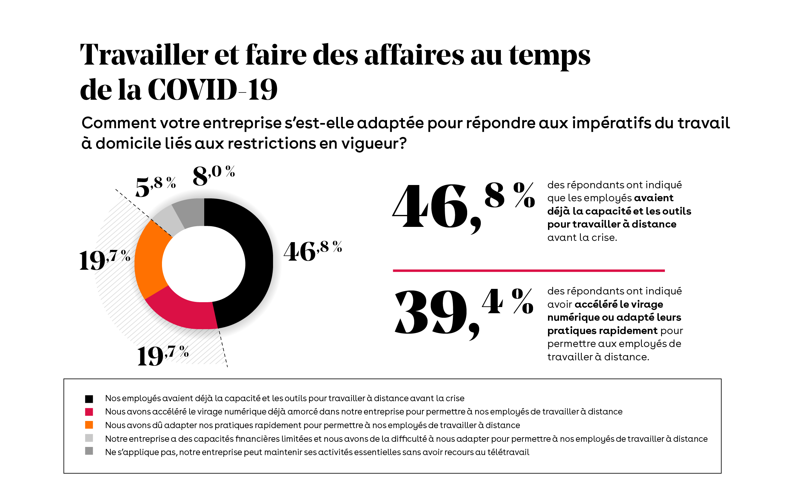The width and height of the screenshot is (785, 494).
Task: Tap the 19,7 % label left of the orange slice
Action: click(x=105, y=259)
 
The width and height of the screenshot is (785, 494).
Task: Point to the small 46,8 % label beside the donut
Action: click(x=313, y=251)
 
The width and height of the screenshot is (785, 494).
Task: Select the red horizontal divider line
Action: click(x=528, y=270)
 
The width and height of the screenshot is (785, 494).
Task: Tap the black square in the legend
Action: click(x=89, y=399)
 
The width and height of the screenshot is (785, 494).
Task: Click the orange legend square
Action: click(x=89, y=425)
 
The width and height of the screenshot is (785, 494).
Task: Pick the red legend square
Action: click(x=89, y=412)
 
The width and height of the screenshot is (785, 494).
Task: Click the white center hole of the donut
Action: click(x=204, y=264)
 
